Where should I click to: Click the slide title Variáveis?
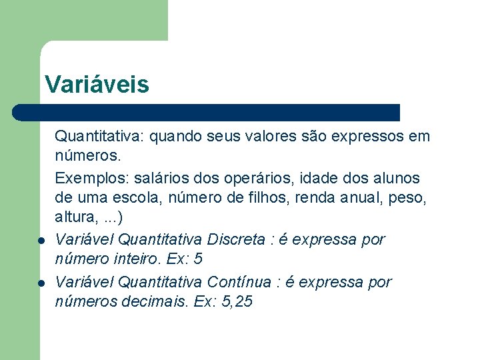(x=97, y=85)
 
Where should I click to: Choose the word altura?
(x=74, y=217)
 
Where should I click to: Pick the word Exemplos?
(x=91, y=179)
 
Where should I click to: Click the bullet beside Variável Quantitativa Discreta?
(x=41, y=241)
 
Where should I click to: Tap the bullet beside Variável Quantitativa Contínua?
(x=41, y=283)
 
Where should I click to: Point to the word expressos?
(x=370, y=137)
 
